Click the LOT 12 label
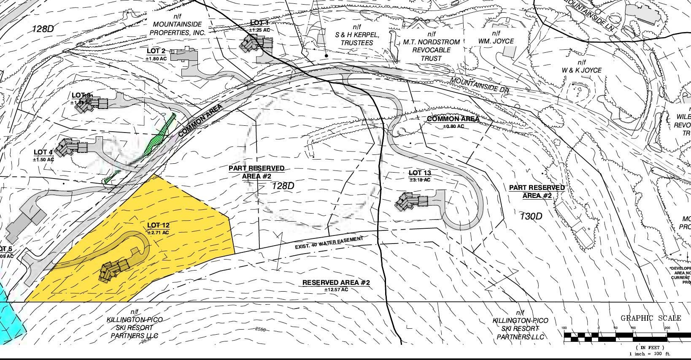[x=158, y=225]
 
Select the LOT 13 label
[x=420, y=173]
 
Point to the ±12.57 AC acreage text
[x=336, y=290]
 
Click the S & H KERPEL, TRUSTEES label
[x=357, y=38]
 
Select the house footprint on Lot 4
[x=72, y=146]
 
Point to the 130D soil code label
[x=531, y=217]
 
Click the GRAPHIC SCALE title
[x=651, y=318]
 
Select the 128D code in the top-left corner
[x=43, y=29]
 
